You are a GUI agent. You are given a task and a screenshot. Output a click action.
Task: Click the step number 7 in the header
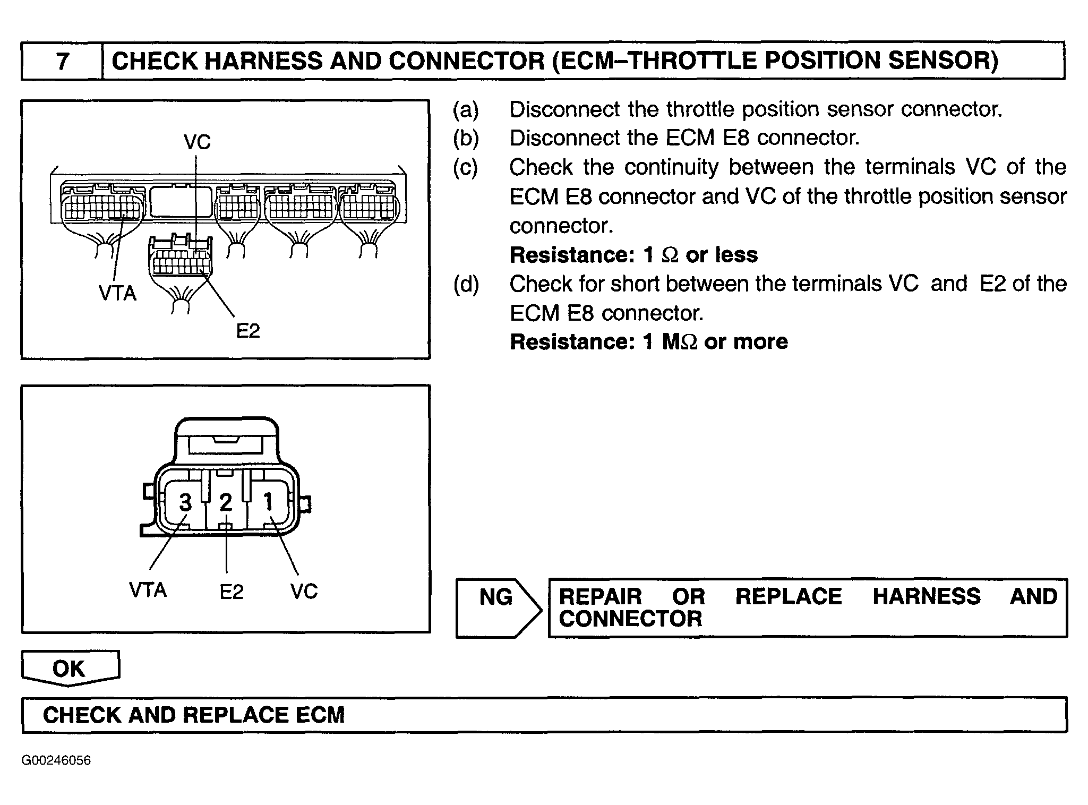(63, 61)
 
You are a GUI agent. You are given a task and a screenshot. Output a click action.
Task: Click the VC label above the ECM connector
(197, 142)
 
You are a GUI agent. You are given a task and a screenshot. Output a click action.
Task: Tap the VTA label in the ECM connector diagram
(117, 293)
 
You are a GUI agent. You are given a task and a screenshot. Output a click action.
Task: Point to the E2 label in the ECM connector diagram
(247, 331)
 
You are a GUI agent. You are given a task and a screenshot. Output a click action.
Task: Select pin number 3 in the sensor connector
(185, 502)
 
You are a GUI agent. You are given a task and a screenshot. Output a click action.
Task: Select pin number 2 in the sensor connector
(226, 502)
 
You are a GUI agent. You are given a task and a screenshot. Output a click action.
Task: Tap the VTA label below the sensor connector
(148, 590)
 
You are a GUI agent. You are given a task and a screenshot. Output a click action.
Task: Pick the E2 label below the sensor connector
(232, 592)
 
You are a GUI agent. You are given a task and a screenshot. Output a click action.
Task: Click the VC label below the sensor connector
(304, 591)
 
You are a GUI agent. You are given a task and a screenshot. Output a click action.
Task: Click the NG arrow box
(498, 608)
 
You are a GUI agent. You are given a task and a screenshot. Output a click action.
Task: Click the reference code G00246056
(56, 760)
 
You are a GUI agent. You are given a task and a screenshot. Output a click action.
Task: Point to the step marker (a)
(466, 109)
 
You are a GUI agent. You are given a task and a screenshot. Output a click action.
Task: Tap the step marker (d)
(466, 284)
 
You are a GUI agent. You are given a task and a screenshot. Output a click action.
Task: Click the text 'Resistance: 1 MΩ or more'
(649, 341)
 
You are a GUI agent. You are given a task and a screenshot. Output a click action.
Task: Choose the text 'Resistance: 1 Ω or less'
(634, 255)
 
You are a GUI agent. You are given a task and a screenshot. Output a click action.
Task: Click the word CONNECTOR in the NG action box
(631, 619)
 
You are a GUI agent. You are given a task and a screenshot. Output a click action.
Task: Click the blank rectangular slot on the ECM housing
(182, 200)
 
